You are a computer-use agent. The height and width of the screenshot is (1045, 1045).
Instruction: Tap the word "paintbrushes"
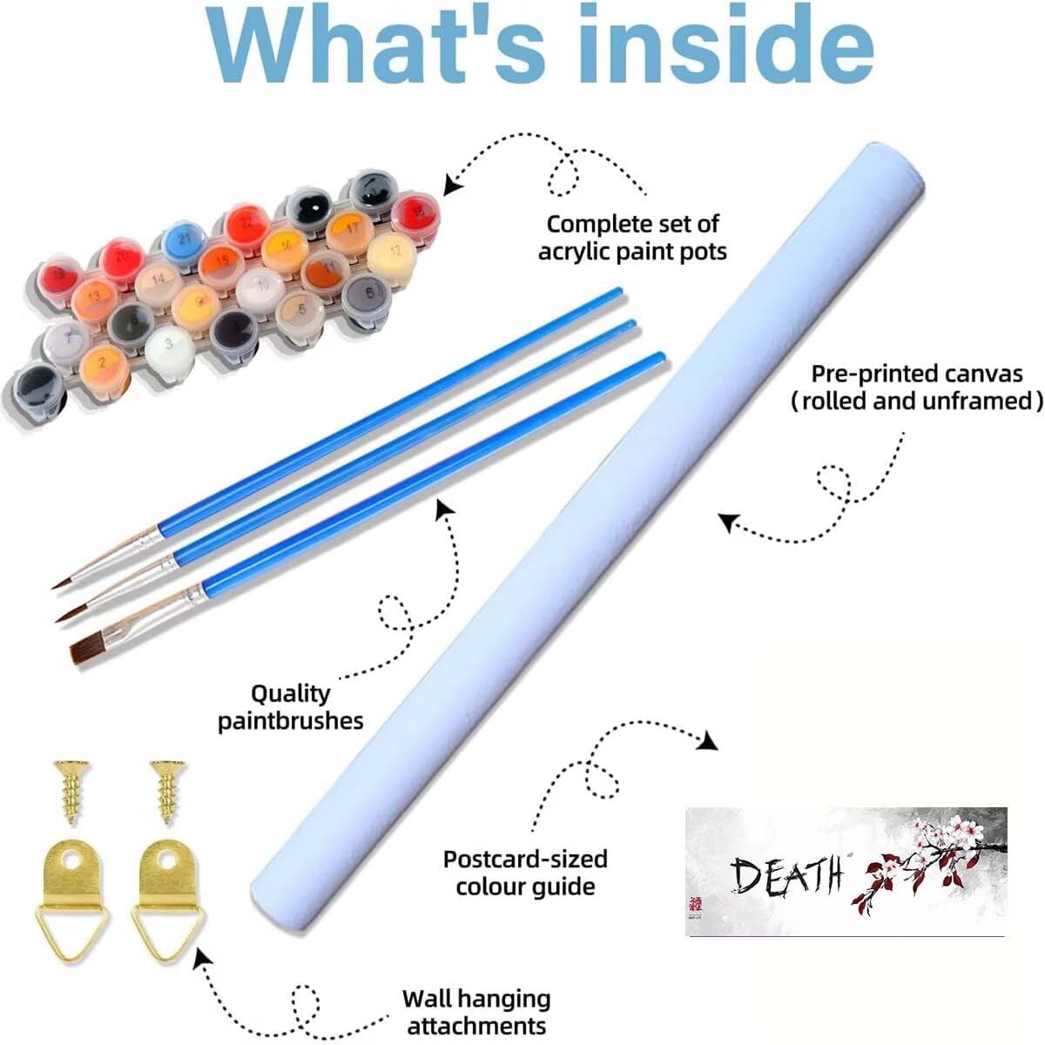290,721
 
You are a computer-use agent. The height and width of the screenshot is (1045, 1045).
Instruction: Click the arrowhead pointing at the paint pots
452,184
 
